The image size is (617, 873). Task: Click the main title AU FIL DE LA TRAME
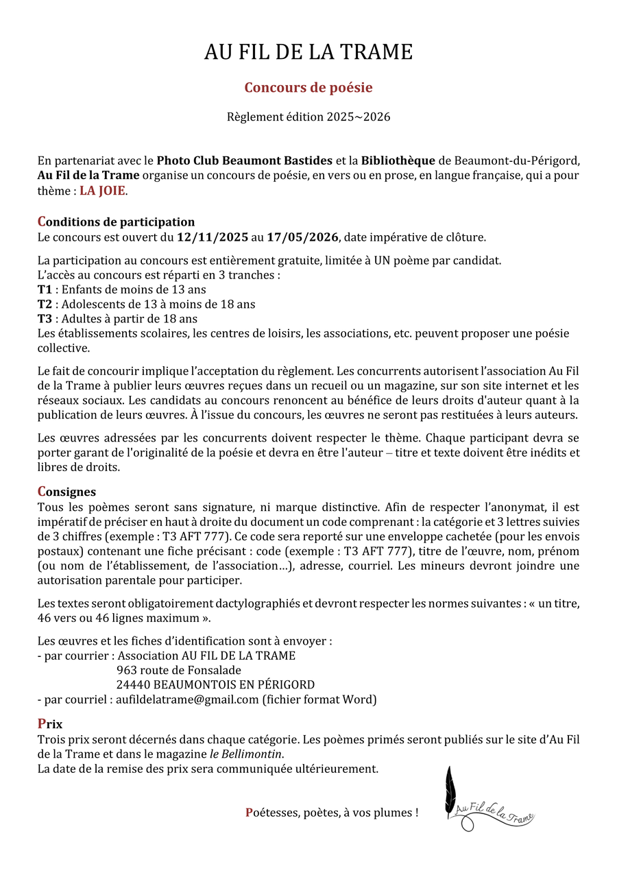308,52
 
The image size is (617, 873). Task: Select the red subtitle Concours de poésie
308,88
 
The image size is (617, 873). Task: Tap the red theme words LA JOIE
103,191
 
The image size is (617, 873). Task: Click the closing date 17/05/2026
302,237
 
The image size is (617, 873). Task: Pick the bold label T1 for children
45,289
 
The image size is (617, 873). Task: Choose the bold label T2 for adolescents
45,304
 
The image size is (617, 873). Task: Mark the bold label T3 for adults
45,318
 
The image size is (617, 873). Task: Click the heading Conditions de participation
116,222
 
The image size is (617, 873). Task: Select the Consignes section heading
66,492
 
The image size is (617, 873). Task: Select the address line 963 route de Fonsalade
179,670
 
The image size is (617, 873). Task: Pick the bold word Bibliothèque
398,160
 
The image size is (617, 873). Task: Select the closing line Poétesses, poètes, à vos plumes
332,813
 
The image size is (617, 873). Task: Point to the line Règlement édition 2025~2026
308,117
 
